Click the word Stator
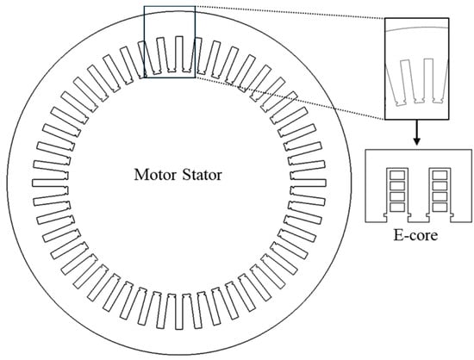coord(203,175)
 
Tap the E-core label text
coord(415,235)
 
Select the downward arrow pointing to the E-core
coord(417,133)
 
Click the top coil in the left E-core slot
coord(397,175)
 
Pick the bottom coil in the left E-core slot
coord(397,208)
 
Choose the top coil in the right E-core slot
coord(440,175)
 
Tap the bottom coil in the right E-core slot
coord(440,208)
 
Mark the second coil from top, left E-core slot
coord(397,186)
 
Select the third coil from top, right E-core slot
coord(440,196)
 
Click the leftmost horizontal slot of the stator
coord(50,183)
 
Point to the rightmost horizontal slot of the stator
coord(308,183)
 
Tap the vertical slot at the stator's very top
coord(179,54)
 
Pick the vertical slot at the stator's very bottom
coord(179,312)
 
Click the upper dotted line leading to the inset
coord(290,12)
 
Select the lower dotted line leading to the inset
coord(290,98)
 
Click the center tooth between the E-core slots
coord(419,193)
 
